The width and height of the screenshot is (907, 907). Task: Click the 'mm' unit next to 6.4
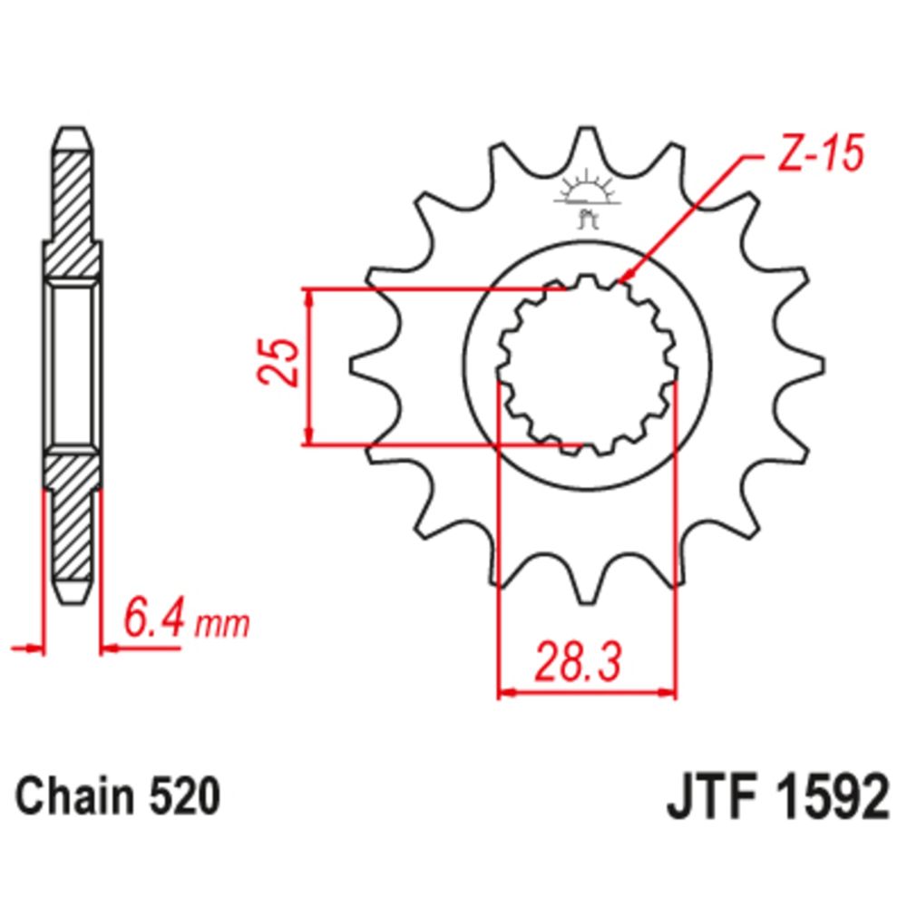pyautogui.click(x=223, y=625)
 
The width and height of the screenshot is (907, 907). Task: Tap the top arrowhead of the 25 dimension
pyautogui.click(x=311, y=296)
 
